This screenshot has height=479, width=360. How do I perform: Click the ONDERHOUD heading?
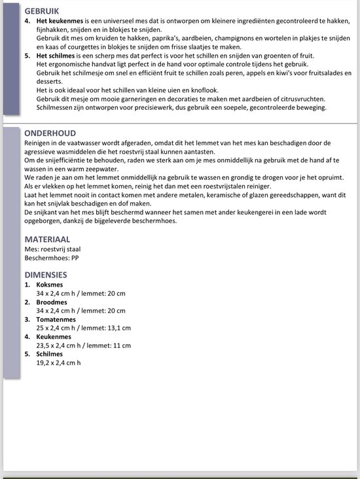point(50,132)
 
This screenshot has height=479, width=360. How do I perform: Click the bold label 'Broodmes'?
point(52,302)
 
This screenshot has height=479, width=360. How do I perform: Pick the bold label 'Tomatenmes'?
point(56,319)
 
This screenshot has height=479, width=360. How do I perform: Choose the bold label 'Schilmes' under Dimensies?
point(50,353)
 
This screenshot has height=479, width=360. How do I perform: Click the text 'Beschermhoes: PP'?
point(51,258)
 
